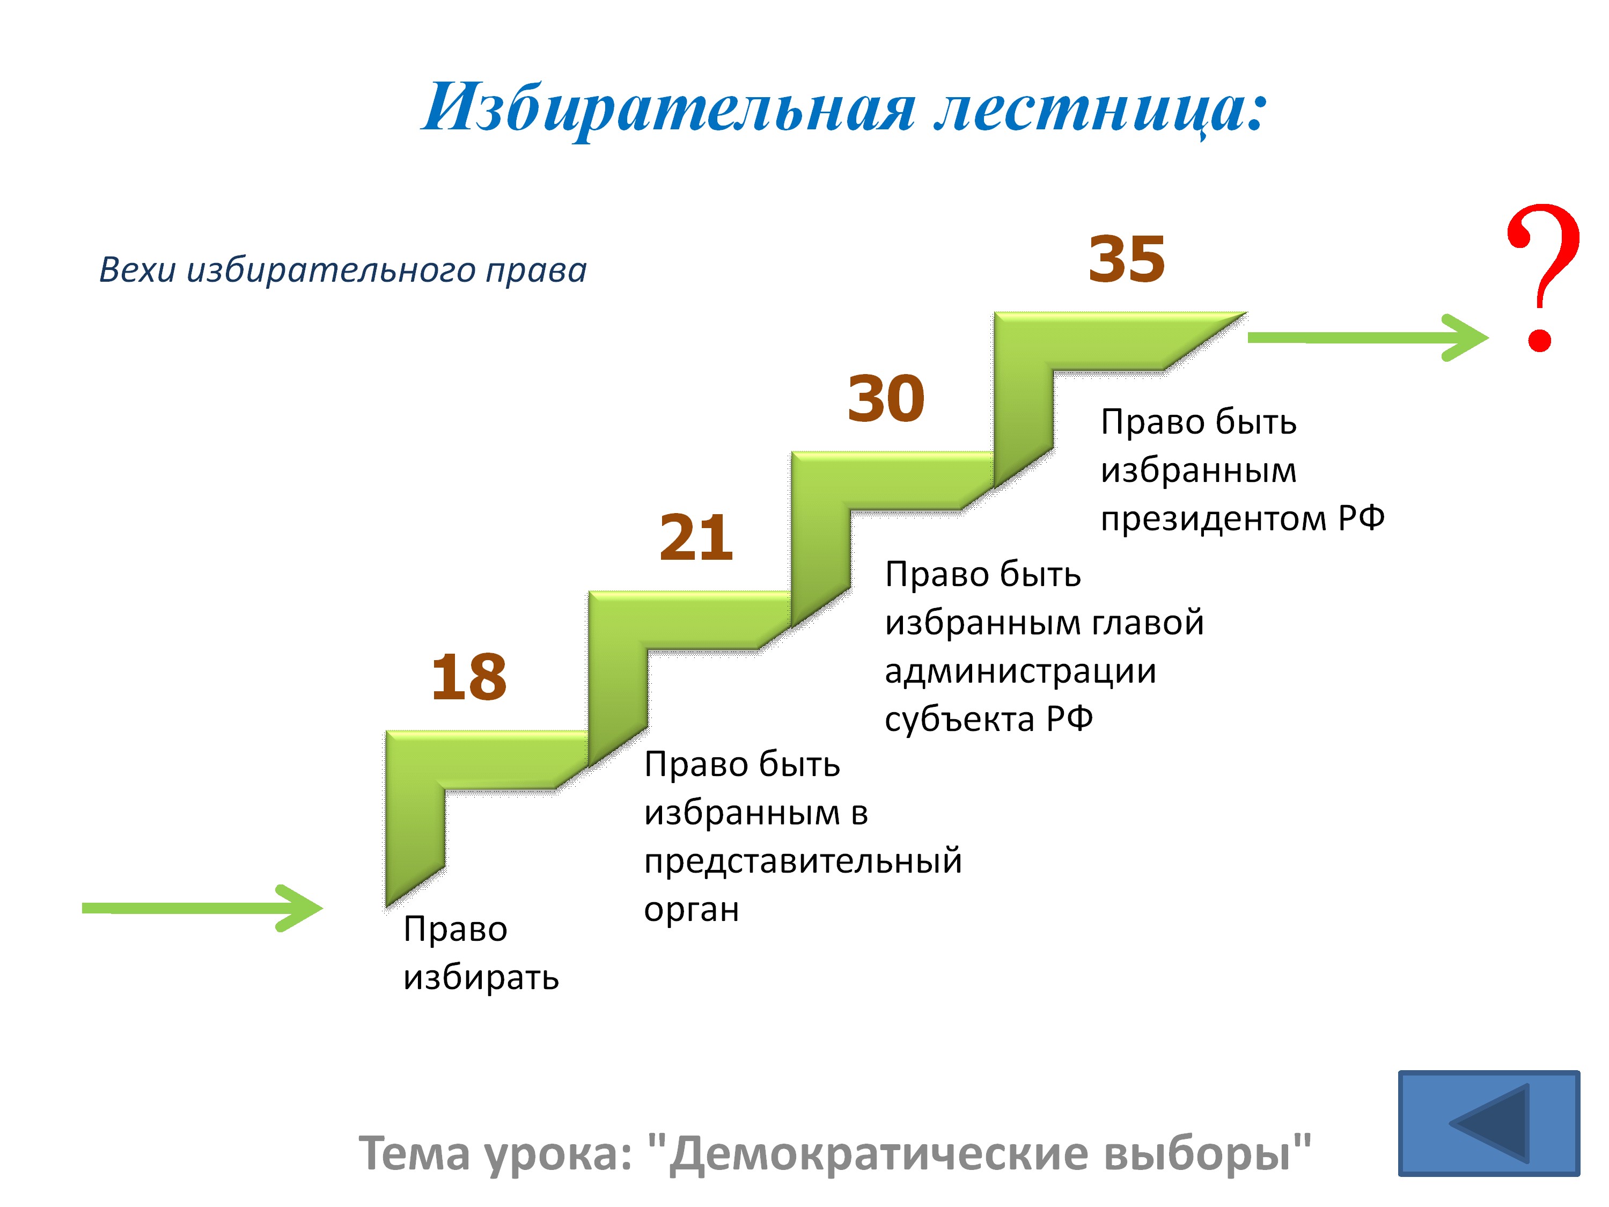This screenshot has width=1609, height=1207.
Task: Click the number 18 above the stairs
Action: point(468,677)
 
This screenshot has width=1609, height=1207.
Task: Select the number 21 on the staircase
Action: point(696,538)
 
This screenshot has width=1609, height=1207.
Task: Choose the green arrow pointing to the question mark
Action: point(1368,338)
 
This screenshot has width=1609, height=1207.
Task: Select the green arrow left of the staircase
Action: point(202,908)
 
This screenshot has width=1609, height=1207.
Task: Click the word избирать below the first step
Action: point(481,977)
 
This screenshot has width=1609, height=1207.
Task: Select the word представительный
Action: point(803,861)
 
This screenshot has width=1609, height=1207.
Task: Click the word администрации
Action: point(1020,671)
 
